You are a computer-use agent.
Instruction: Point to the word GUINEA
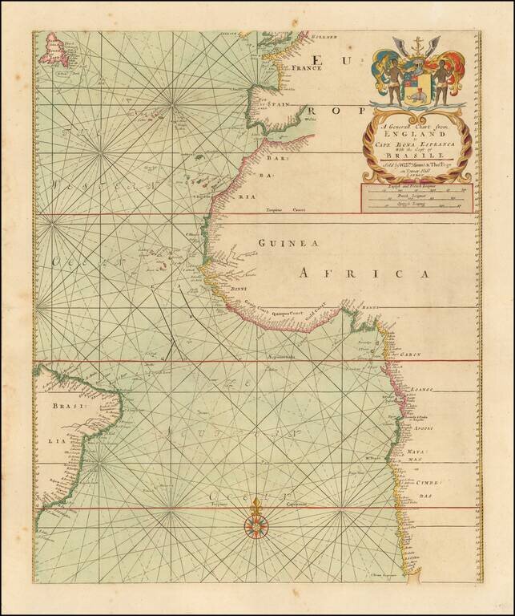click(x=289, y=243)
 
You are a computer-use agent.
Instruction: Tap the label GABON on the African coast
click(x=411, y=351)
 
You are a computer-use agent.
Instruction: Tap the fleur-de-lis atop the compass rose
click(x=257, y=506)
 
